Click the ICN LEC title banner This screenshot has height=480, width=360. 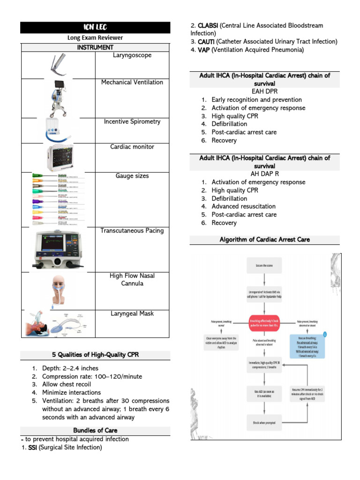(x=95, y=28)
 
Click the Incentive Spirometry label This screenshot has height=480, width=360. (x=132, y=122)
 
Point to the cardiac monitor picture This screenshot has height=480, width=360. (x=59, y=157)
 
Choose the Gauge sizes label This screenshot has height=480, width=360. (x=132, y=176)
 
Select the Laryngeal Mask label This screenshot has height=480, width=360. (x=132, y=314)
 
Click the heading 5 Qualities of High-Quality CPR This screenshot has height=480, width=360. (x=95, y=355)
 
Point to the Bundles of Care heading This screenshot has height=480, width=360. (x=95, y=430)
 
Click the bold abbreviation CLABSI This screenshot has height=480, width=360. (x=208, y=25)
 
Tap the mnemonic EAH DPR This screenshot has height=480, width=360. (x=264, y=91)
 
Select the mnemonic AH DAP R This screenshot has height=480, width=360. (x=264, y=174)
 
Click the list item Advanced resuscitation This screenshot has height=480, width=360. (x=243, y=207)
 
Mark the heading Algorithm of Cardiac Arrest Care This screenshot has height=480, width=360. (x=264, y=240)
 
